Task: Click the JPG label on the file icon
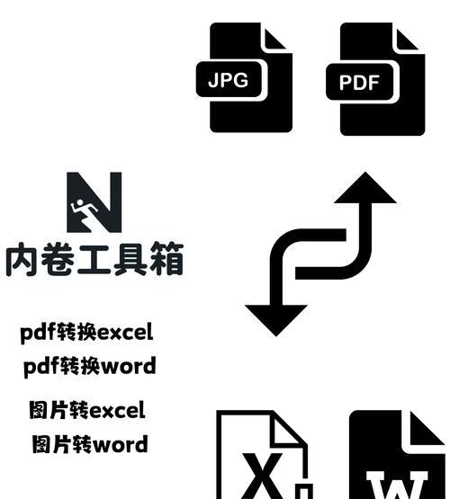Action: click(x=229, y=79)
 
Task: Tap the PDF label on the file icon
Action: click(x=360, y=82)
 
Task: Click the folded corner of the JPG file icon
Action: click(x=274, y=40)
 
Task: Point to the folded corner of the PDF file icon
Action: click(x=407, y=40)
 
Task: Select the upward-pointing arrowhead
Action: click(x=365, y=188)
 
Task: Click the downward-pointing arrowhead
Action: click(x=276, y=320)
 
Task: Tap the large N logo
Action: click(x=94, y=202)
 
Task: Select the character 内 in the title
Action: click(x=22, y=258)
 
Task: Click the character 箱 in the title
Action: click(x=166, y=258)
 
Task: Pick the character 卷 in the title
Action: click(x=58, y=258)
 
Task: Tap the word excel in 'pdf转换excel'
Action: click(x=125, y=333)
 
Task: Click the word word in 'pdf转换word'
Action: click(x=129, y=366)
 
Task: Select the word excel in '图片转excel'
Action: click(x=117, y=410)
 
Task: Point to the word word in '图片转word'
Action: click(x=120, y=444)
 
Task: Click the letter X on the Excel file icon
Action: click(x=262, y=476)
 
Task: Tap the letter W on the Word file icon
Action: click(x=397, y=486)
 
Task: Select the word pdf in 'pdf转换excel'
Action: click(x=38, y=333)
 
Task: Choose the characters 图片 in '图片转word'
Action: click(x=51, y=444)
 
